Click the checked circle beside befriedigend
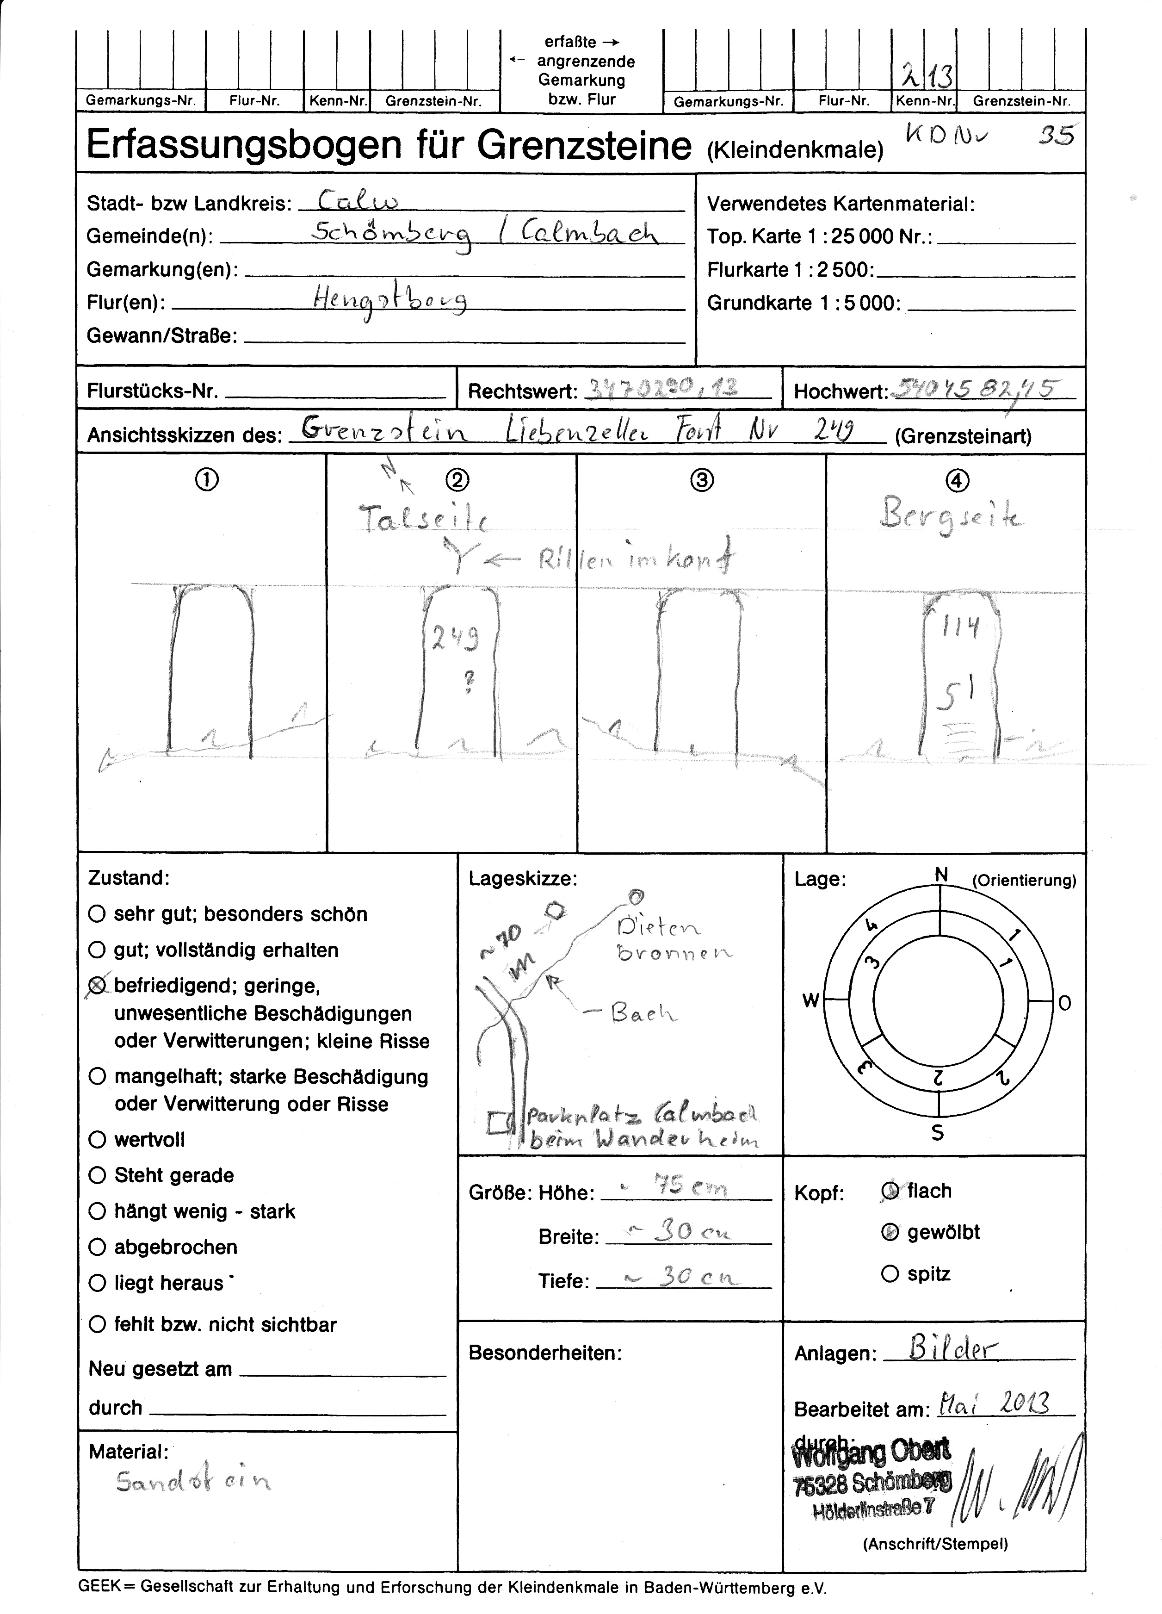(97, 986)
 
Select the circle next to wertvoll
(97, 1139)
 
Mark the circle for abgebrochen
(97, 1247)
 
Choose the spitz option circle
(890, 1274)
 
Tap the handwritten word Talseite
(423, 520)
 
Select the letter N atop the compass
(941, 875)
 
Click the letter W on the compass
(810, 1000)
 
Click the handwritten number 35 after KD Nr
(1055, 135)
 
